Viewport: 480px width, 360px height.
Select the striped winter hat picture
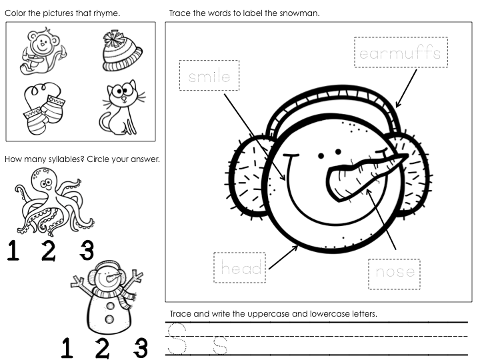(123, 51)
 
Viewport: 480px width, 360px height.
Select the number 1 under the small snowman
(67, 348)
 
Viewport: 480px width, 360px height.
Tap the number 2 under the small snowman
(102, 348)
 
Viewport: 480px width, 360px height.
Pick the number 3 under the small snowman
(139, 348)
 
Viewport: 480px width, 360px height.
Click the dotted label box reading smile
(209, 77)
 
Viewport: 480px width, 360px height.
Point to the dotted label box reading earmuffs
(401, 53)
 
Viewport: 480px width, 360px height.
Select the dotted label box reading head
(240, 268)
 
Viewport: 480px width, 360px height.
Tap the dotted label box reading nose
(395, 272)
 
